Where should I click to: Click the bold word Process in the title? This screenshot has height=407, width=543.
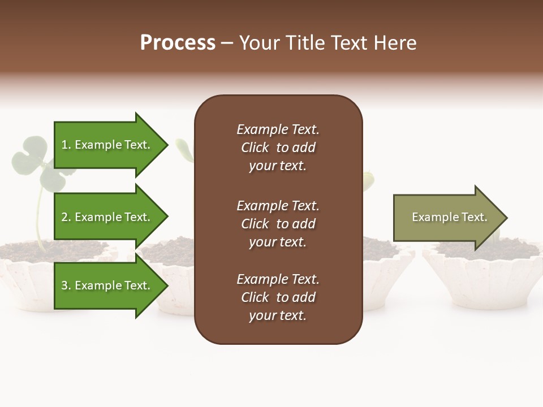point(178,43)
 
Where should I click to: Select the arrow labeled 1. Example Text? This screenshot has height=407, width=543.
point(107,145)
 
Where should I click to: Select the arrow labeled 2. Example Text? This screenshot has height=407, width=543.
point(107,217)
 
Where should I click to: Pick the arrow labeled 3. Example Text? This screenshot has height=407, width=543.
point(107,285)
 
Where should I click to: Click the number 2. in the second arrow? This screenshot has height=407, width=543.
point(66,217)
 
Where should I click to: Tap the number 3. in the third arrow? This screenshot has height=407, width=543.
point(66,285)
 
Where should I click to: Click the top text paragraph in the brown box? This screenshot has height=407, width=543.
point(278,148)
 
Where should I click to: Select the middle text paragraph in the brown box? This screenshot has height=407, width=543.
point(278,224)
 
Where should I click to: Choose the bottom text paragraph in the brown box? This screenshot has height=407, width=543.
point(278,297)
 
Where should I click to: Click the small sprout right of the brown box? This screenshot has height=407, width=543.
point(368,180)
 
